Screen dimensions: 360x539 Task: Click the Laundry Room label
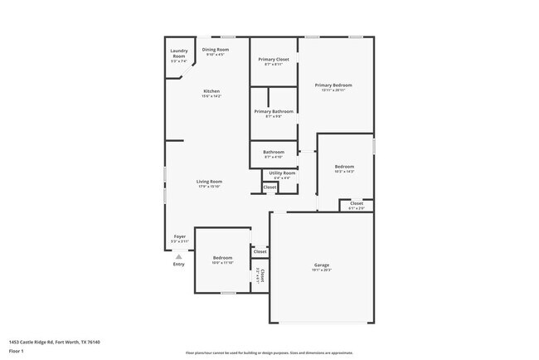pos(178,54)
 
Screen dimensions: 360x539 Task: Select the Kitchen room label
pos(211,91)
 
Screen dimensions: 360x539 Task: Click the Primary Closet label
pos(274,60)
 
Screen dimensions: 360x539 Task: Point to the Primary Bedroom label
pos(333,85)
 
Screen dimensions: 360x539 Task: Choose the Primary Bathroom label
pos(274,111)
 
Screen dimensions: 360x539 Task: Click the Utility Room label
pos(281,173)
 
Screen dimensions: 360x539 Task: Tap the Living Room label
pos(209,182)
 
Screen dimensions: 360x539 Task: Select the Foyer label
pos(179,237)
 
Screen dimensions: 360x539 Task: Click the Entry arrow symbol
pos(179,256)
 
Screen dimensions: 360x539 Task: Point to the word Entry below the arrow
pos(179,265)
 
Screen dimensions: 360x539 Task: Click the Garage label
pos(321,266)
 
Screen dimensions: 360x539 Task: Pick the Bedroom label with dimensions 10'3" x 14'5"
pos(344,167)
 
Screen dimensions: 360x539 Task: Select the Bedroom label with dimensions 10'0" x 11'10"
pos(222,258)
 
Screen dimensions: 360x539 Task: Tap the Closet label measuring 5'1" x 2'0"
pos(356,203)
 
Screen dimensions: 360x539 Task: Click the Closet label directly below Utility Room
pos(269,187)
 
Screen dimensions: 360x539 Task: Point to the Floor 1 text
pos(17,351)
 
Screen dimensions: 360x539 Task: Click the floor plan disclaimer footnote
pos(269,353)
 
